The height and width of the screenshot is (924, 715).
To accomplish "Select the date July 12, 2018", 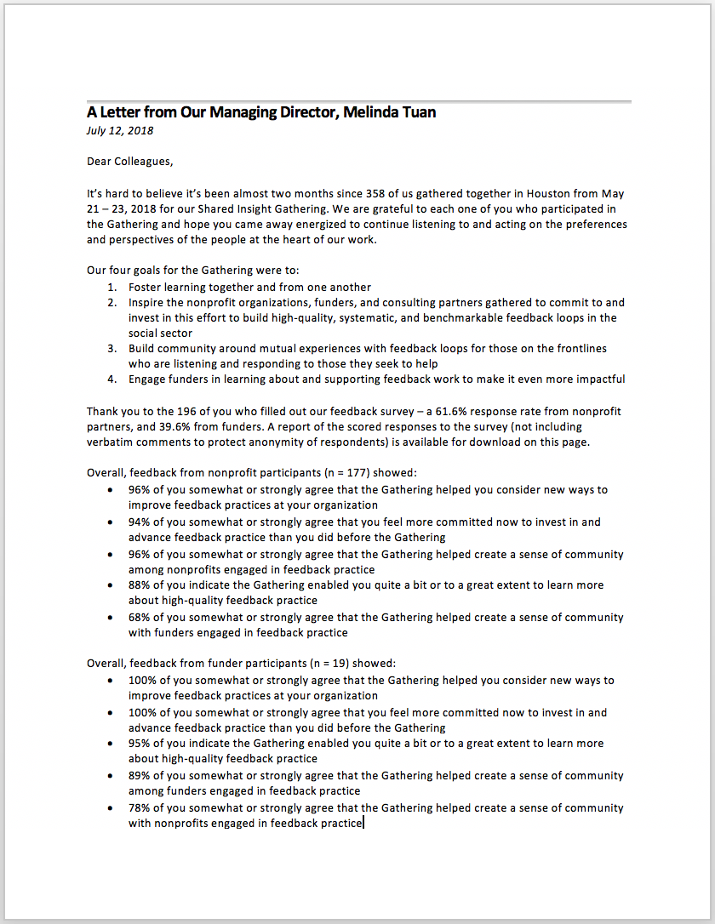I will tap(120, 131).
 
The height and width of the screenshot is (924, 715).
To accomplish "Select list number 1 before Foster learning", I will tap(112, 288).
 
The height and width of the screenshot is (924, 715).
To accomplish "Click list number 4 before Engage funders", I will tap(112, 379).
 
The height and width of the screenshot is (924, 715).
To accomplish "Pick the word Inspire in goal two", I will tap(148, 303).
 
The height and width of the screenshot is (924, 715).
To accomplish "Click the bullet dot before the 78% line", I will tap(112, 808).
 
